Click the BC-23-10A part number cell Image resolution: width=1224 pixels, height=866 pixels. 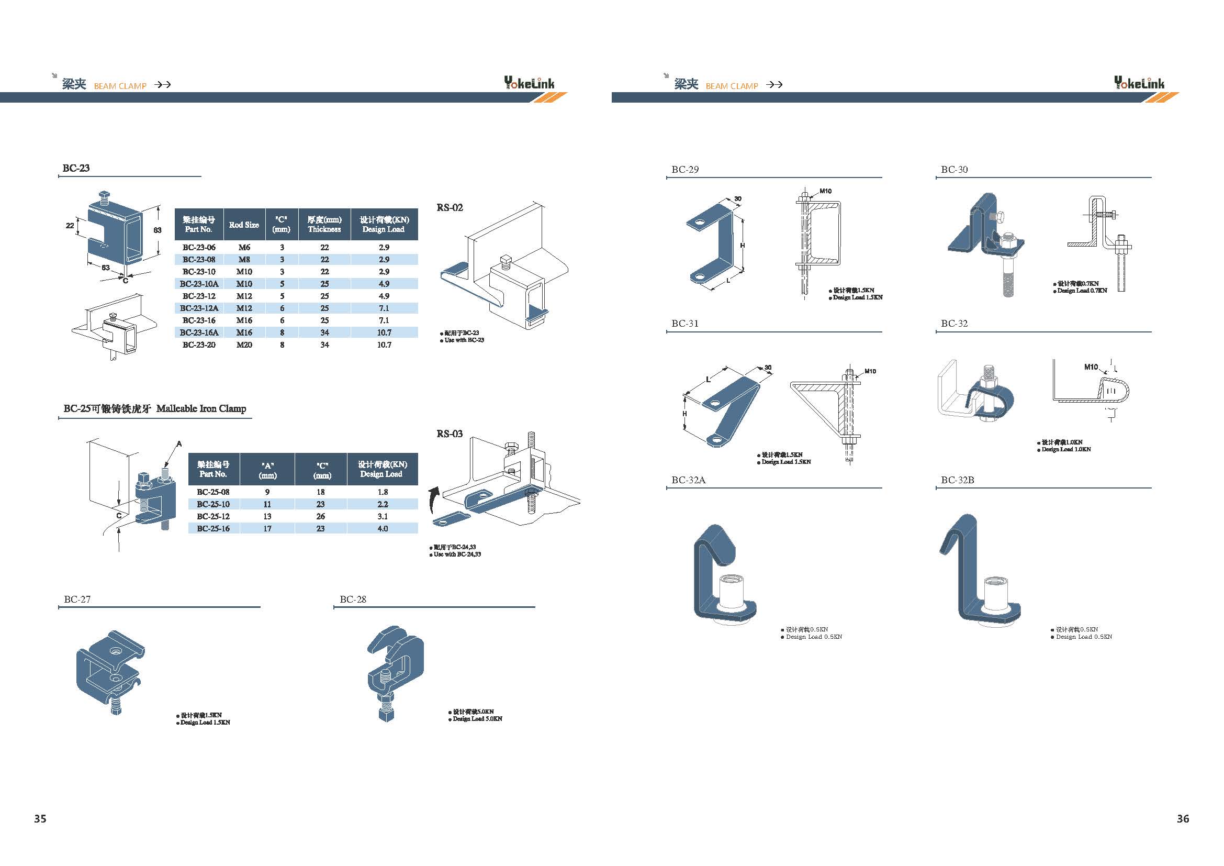point(199,284)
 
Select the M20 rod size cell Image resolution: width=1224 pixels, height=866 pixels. point(244,345)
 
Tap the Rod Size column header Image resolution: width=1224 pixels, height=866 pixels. point(244,225)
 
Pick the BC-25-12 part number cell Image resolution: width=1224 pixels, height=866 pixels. point(213,516)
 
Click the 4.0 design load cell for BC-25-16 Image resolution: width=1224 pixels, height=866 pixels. point(383,528)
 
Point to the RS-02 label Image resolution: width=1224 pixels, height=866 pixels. point(450,207)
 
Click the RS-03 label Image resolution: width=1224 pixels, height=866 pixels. point(450,434)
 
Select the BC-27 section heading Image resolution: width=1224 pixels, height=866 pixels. point(77,599)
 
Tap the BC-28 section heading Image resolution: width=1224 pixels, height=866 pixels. point(353,599)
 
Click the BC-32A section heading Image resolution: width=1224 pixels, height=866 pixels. point(688,480)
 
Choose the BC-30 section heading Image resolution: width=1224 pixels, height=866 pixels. point(955,170)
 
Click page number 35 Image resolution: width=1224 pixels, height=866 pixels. point(40,818)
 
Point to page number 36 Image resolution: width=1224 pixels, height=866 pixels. point(1183,818)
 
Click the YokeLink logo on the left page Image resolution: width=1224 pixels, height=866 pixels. point(529,83)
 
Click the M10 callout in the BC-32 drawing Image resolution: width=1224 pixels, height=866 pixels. point(1091,367)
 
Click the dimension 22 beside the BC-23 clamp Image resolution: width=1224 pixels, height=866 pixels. point(70,226)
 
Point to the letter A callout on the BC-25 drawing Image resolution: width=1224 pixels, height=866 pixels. point(179,443)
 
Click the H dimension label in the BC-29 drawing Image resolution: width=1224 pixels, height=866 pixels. point(743,245)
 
